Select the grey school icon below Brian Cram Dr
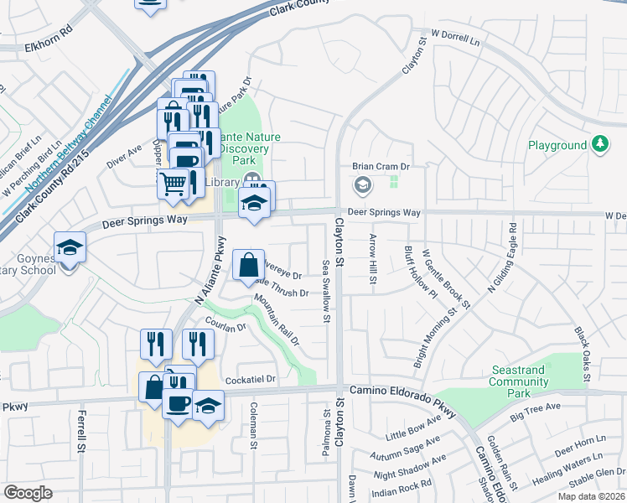click(x=363, y=184)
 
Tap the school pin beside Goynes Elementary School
click(x=70, y=247)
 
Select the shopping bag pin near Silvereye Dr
click(x=248, y=267)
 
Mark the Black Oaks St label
click(x=581, y=351)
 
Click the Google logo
click(x=28, y=492)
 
